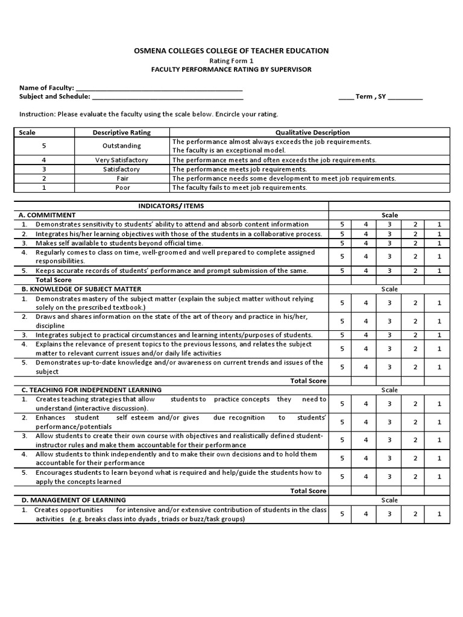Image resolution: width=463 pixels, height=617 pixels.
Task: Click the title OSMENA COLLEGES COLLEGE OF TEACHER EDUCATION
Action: click(x=231, y=51)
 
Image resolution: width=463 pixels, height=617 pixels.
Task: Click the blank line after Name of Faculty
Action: click(x=159, y=88)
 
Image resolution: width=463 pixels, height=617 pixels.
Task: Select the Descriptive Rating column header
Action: click(x=122, y=133)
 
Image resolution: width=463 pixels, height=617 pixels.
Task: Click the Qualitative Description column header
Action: click(x=312, y=133)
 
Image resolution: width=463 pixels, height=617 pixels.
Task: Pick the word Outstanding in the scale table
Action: click(x=122, y=146)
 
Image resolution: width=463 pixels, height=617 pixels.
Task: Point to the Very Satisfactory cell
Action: click(x=122, y=160)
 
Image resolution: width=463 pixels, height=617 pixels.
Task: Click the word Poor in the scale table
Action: click(x=122, y=187)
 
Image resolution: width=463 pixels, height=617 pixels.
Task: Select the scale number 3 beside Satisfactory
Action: click(x=44, y=169)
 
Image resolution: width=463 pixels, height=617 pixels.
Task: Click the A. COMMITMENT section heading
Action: click(x=48, y=215)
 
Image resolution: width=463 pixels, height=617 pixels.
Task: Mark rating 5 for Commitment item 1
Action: click(x=342, y=224)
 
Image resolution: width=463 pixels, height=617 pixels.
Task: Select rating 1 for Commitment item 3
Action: click(x=439, y=243)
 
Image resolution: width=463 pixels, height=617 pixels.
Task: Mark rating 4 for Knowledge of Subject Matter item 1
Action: click(x=365, y=303)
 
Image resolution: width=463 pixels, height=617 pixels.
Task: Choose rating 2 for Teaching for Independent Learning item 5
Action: click(x=415, y=477)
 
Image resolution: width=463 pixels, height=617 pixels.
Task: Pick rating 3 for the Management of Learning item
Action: click(x=390, y=515)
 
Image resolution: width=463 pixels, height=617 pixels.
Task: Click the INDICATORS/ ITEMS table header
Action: click(x=172, y=206)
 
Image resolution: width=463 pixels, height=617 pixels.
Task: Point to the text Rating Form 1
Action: click(x=231, y=61)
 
